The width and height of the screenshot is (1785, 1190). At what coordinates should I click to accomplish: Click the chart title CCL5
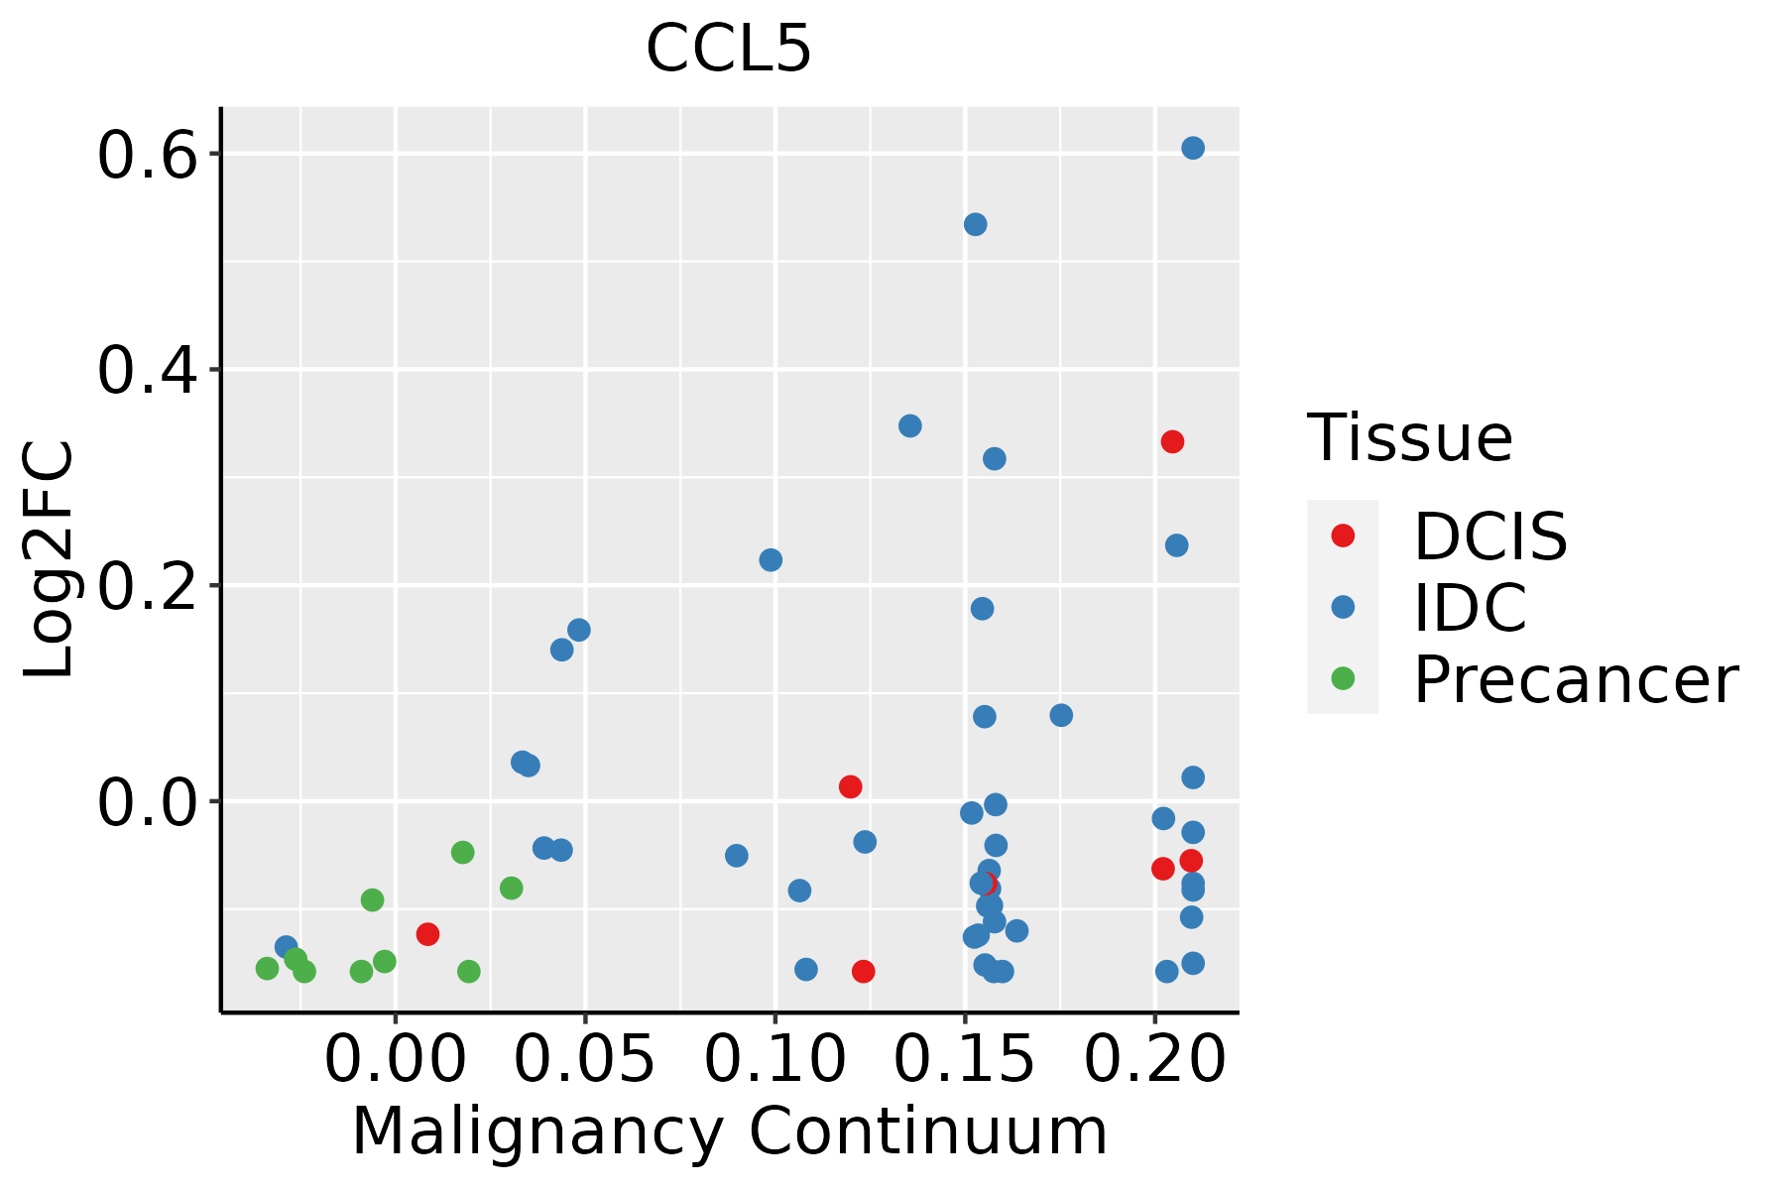pos(729,49)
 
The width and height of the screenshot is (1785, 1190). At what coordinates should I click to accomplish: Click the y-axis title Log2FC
pos(49,558)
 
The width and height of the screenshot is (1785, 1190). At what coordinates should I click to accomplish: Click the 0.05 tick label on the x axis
pos(585,1059)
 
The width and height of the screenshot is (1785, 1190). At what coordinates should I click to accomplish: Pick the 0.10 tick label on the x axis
pos(775,1059)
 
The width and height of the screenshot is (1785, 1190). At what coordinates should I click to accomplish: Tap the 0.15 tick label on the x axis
pos(965,1059)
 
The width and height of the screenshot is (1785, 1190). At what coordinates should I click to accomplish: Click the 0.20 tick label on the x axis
pos(1155,1059)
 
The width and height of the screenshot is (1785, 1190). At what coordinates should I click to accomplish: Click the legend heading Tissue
pos(1410,437)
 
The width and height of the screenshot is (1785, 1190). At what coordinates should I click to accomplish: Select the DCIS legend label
pos(1490,536)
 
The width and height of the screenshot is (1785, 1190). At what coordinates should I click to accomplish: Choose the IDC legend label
pos(1471,608)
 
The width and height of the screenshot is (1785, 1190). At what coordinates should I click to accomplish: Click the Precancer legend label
pos(1576,679)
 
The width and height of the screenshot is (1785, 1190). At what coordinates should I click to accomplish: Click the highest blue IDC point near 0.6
pos(1193,148)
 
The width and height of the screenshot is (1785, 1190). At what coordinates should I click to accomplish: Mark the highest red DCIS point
pos(1172,441)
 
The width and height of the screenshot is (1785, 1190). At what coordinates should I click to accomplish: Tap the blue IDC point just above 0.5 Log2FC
pos(976,224)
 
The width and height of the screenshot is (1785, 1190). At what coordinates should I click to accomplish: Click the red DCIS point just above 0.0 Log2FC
pos(850,786)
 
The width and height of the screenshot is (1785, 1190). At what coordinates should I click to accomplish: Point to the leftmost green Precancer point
pos(267,968)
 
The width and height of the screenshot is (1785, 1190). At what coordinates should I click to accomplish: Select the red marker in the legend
pos(1343,535)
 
